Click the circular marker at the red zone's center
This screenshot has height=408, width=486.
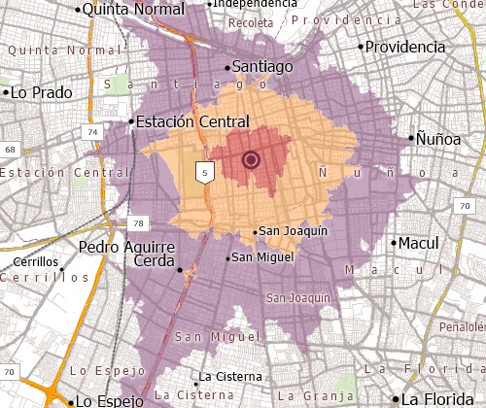point(251,160)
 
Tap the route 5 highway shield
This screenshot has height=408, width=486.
point(204,172)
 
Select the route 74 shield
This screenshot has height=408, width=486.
point(92,131)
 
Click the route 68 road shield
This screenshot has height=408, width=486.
point(10,149)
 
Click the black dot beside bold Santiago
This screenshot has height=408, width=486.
point(228,67)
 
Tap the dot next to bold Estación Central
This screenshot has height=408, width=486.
point(131,121)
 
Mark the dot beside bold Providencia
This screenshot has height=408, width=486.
point(361,46)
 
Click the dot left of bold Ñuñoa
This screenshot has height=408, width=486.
point(410,136)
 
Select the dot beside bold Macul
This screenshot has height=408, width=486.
point(394,243)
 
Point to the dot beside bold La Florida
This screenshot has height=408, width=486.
point(396,399)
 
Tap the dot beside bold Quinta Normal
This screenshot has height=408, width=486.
point(79,9)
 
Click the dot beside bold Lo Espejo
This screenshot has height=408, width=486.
point(71,400)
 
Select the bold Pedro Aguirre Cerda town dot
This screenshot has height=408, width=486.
point(179,268)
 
